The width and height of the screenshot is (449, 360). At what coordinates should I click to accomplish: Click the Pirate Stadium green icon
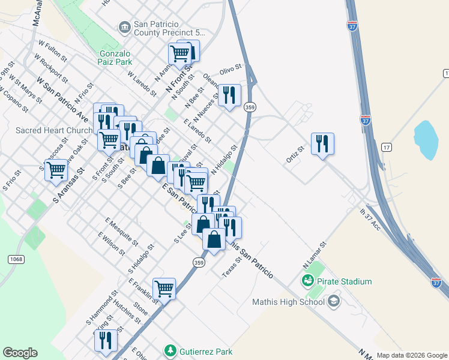pos(308,281)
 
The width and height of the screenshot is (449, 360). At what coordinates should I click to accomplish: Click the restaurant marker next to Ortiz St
pos(322,144)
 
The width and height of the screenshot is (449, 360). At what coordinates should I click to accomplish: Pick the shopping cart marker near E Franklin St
pos(164,289)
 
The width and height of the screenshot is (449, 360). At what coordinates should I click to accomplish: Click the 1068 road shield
pos(16,259)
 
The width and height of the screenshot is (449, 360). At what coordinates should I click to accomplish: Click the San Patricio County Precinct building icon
pos(124,26)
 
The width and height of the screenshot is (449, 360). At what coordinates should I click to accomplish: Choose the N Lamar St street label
pos(314,254)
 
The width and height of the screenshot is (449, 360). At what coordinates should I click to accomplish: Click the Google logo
pos(20,353)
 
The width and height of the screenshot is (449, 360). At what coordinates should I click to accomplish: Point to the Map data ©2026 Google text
pos(411,355)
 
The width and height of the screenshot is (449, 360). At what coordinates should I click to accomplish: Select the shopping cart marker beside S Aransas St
pos(56,170)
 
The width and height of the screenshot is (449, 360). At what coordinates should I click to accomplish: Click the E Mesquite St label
pos(121,232)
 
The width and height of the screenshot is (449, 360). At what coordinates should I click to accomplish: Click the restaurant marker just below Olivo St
pos(229,95)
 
